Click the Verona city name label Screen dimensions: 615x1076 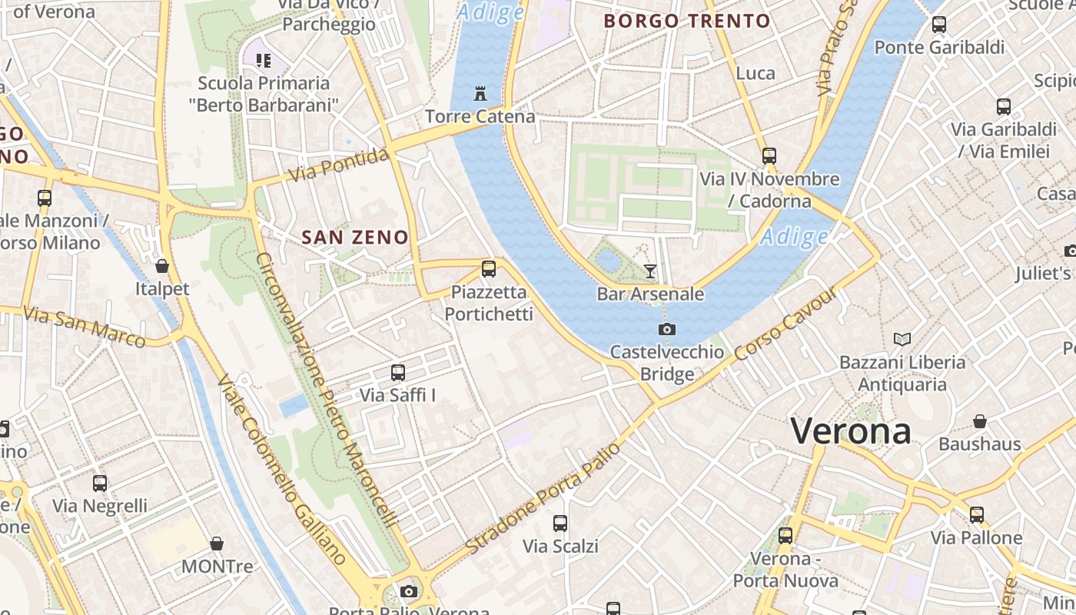click(851, 430)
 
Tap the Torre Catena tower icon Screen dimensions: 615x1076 click(480, 95)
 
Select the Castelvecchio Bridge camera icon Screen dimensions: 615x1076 click(667, 329)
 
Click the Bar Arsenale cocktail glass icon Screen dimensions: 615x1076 click(650, 271)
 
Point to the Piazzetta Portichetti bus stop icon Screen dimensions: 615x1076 click(489, 269)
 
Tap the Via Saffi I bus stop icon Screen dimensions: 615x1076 click(398, 373)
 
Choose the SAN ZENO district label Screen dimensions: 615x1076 click(355, 238)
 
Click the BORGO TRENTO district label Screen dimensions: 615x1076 click(687, 21)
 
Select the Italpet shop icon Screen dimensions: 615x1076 click(162, 266)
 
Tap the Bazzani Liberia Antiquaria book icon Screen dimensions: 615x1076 click(902, 339)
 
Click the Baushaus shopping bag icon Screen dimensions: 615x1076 click(980, 421)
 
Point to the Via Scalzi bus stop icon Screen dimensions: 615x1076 click(560, 524)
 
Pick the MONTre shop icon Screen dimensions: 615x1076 click(217, 544)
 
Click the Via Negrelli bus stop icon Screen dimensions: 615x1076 click(100, 484)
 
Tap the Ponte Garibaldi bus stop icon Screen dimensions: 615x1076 click(939, 25)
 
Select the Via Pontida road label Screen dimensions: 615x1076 click(338, 165)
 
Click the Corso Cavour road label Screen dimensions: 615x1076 click(785, 324)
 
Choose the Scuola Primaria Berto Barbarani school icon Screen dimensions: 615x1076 click(264, 60)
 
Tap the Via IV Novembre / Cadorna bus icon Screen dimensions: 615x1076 click(769, 156)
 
